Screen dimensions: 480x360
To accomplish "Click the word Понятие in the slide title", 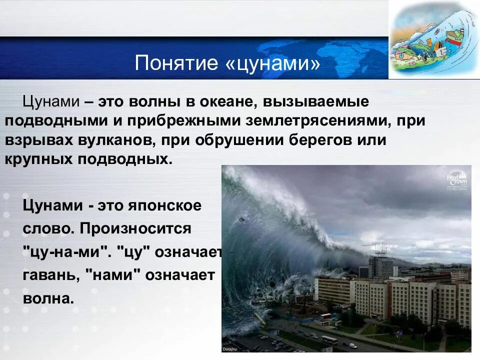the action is tap(176, 63).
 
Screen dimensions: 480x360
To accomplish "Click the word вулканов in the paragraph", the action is tap(115, 140).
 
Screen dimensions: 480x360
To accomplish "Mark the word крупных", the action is tap(39, 160).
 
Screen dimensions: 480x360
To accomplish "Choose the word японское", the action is tap(164, 205).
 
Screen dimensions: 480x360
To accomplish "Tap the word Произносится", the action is tap(135, 228).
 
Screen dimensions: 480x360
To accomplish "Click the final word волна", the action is tap(48, 298).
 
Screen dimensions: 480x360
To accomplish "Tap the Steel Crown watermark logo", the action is tap(457, 181).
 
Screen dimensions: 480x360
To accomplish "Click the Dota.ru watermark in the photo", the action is tap(230, 349).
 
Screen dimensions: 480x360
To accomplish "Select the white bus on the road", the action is tap(329, 339).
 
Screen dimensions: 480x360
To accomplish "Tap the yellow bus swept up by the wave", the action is tap(259, 318).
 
